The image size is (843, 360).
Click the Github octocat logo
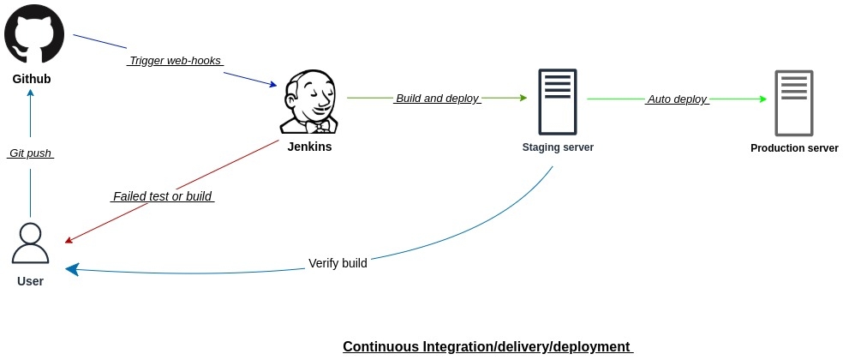coord(35,34)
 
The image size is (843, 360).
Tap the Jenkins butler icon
coord(309,102)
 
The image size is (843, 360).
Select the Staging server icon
coord(557,101)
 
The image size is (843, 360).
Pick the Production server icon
coord(794,103)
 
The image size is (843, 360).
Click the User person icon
coord(30,243)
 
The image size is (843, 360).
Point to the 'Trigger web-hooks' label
coord(175,61)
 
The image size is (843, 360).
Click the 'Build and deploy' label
coord(437,99)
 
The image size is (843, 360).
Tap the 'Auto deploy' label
coord(677,99)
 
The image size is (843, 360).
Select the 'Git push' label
coord(30,153)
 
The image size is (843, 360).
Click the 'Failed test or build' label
coord(162,196)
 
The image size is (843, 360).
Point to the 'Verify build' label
coord(338,263)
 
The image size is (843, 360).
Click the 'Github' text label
coord(32,79)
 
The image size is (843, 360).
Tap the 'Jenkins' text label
coord(309,147)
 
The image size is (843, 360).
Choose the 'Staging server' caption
coord(558,147)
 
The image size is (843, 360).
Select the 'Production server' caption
coord(794,148)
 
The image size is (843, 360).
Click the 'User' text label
coord(30,281)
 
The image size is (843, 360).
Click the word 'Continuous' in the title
coord(380,346)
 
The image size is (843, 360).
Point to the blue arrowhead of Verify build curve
coord(72,269)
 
